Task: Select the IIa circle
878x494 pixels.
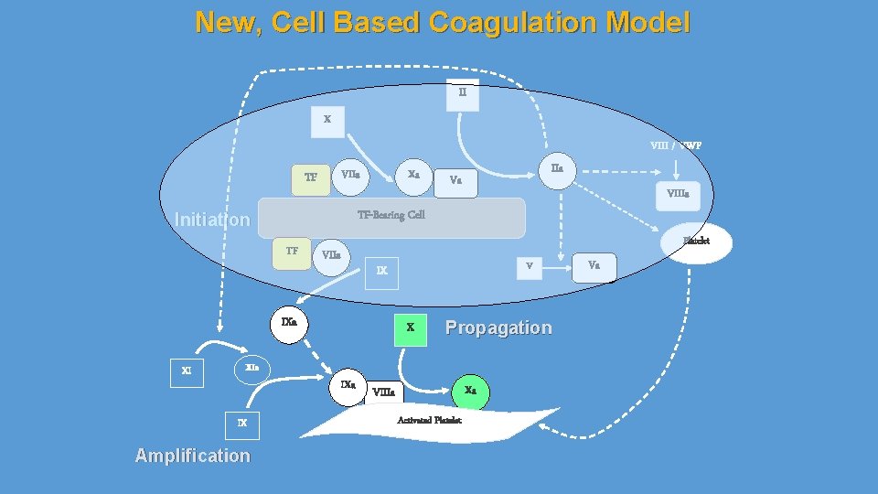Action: coord(557,169)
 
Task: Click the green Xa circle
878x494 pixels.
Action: coord(470,391)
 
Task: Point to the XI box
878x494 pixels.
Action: coord(187,371)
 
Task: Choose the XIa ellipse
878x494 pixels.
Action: coord(252,367)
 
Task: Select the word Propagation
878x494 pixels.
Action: coord(498,328)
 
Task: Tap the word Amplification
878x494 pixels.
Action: coord(192,456)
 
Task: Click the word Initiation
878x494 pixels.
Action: coord(211,220)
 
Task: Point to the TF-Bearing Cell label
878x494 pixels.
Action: coord(391,215)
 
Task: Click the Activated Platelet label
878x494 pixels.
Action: coord(429,420)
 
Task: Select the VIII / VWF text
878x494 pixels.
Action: coord(676,145)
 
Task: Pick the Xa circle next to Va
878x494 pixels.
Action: coord(413,175)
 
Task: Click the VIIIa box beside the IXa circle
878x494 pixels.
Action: coord(385,392)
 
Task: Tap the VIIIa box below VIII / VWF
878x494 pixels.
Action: coord(678,194)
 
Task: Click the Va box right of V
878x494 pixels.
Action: coord(594,266)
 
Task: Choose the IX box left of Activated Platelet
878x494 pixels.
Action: coord(242,424)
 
